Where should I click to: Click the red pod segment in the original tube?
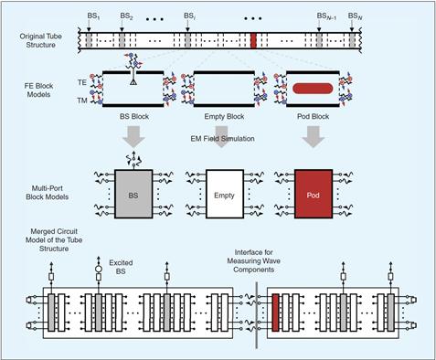tap(253, 40)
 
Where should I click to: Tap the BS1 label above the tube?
tap(93, 16)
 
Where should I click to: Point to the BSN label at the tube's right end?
tap(355, 16)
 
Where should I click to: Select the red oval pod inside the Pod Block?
tap(313, 89)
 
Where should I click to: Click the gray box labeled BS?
tap(133, 194)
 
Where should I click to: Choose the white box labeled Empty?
tap(225, 194)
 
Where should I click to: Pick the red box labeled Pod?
tap(314, 194)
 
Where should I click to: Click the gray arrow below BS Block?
tap(133, 136)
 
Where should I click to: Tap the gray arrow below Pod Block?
tap(314, 136)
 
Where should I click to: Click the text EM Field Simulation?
tap(222, 139)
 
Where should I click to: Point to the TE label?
tap(82, 82)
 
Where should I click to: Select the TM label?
tap(82, 101)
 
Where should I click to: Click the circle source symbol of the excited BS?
tap(99, 269)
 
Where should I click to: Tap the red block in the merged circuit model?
tap(275, 312)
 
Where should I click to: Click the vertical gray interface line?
tap(257, 315)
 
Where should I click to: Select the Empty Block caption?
tap(224, 117)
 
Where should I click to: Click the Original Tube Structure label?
tap(40, 40)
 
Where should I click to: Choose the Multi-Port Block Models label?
tap(48, 193)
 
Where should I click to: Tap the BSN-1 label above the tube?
tap(326, 16)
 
